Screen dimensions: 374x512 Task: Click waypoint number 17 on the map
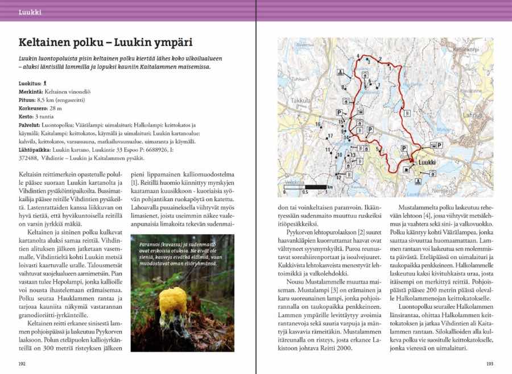pos(329,136)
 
